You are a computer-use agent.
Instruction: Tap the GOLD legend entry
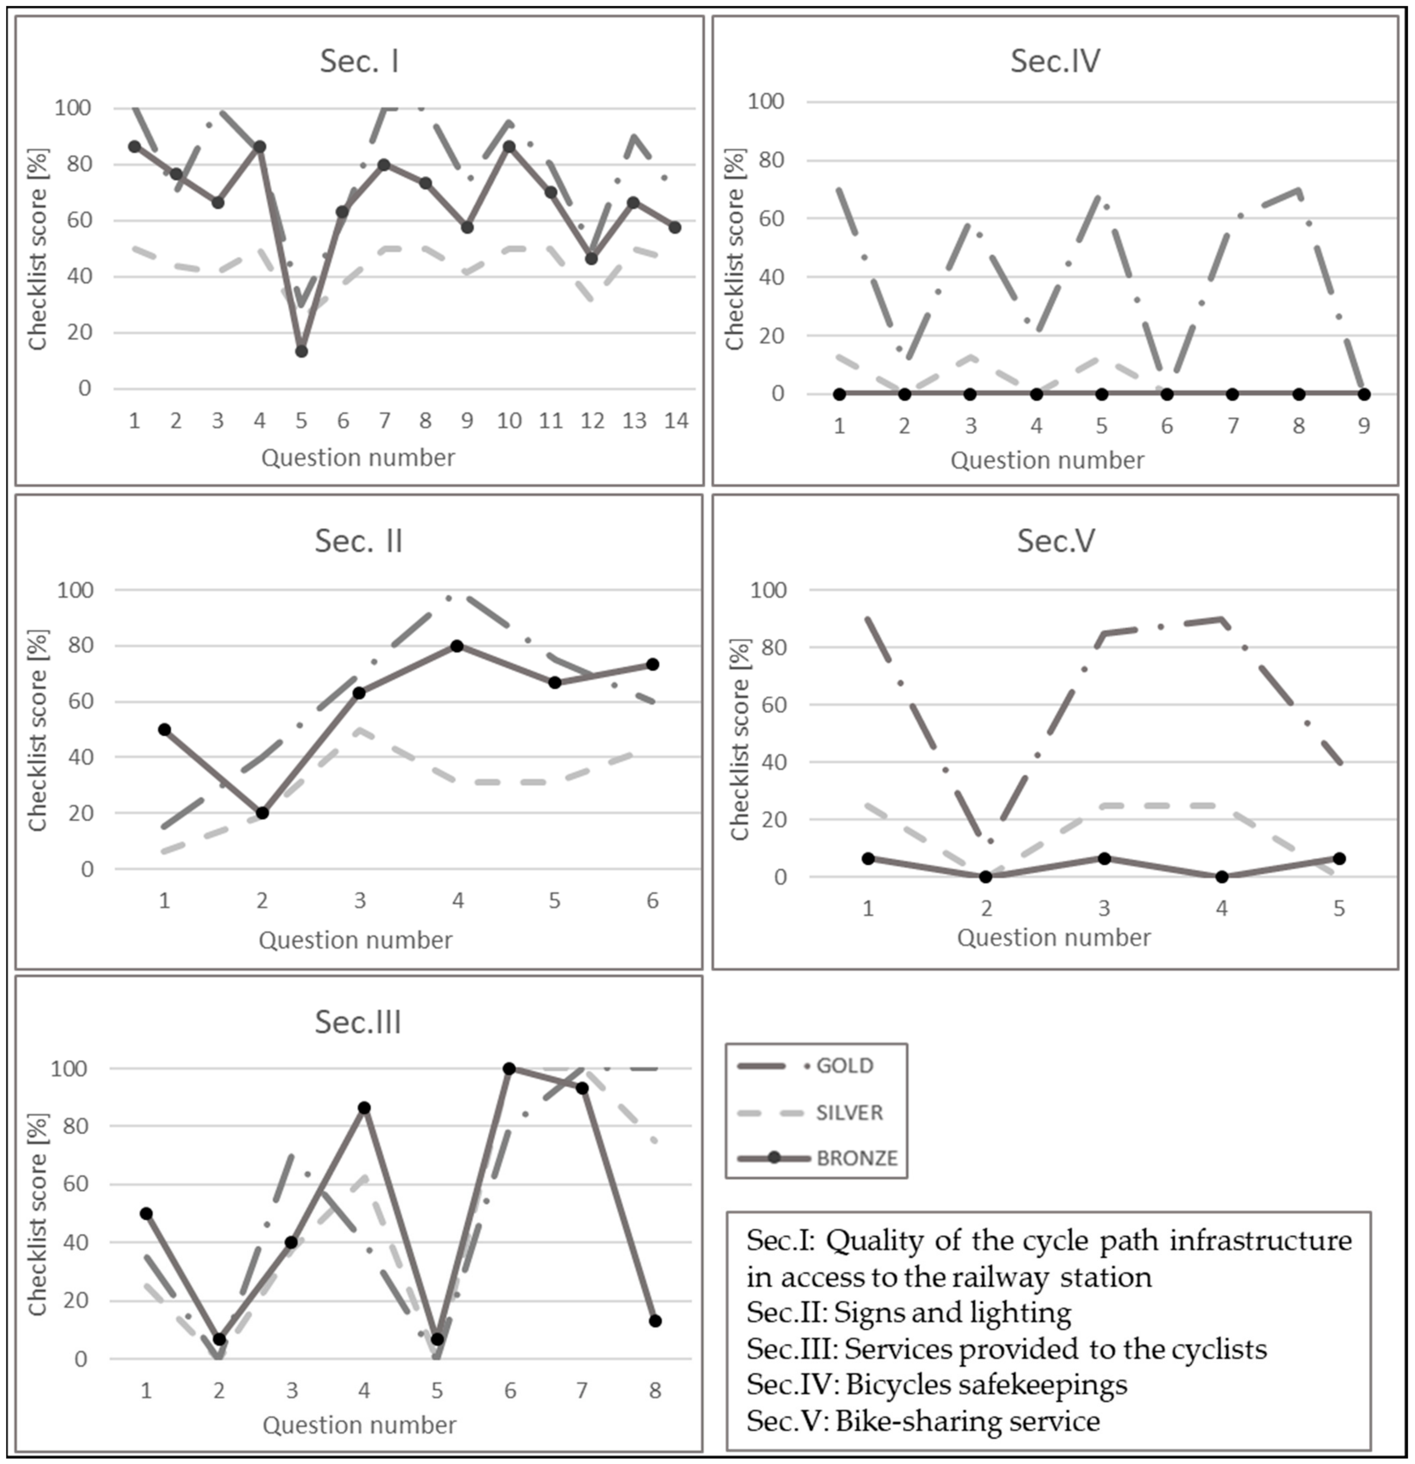pos(844,1065)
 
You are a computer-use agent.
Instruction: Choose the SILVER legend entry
pos(849,1112)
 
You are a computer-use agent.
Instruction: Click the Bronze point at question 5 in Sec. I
pos(301,351)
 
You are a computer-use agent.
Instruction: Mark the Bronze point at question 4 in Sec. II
pos(457,646)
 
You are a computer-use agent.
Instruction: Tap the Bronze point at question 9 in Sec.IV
pos(1364,394)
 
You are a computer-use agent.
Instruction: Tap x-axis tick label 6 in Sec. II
pos(652,901)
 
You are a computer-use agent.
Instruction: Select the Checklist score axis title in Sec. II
pos(37,730)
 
